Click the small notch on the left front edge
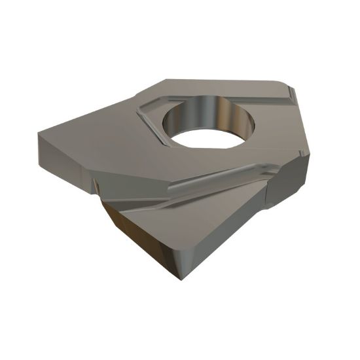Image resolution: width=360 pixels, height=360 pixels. pos(97,187)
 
